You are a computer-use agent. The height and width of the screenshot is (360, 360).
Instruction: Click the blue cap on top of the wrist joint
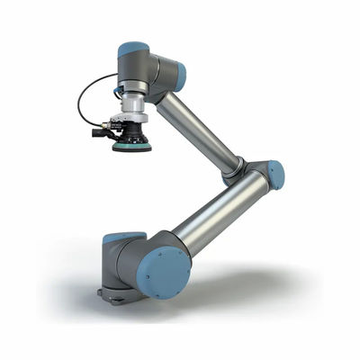133,49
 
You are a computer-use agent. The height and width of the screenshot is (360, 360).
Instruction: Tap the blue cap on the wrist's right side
180,77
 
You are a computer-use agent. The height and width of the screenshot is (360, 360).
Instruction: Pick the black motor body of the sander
133,134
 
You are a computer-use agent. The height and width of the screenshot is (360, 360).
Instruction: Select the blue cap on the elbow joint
276,175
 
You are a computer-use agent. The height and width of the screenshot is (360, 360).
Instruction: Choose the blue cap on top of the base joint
123,238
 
